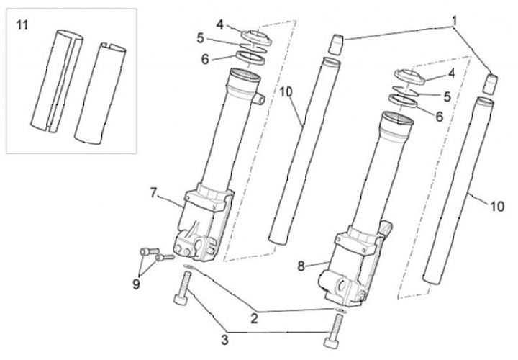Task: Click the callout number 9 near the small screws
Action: pos(136,284)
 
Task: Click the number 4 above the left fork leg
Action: pos(219,23)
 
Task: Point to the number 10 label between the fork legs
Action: pos(286,91)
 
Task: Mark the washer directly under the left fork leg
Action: pos(189,268)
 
